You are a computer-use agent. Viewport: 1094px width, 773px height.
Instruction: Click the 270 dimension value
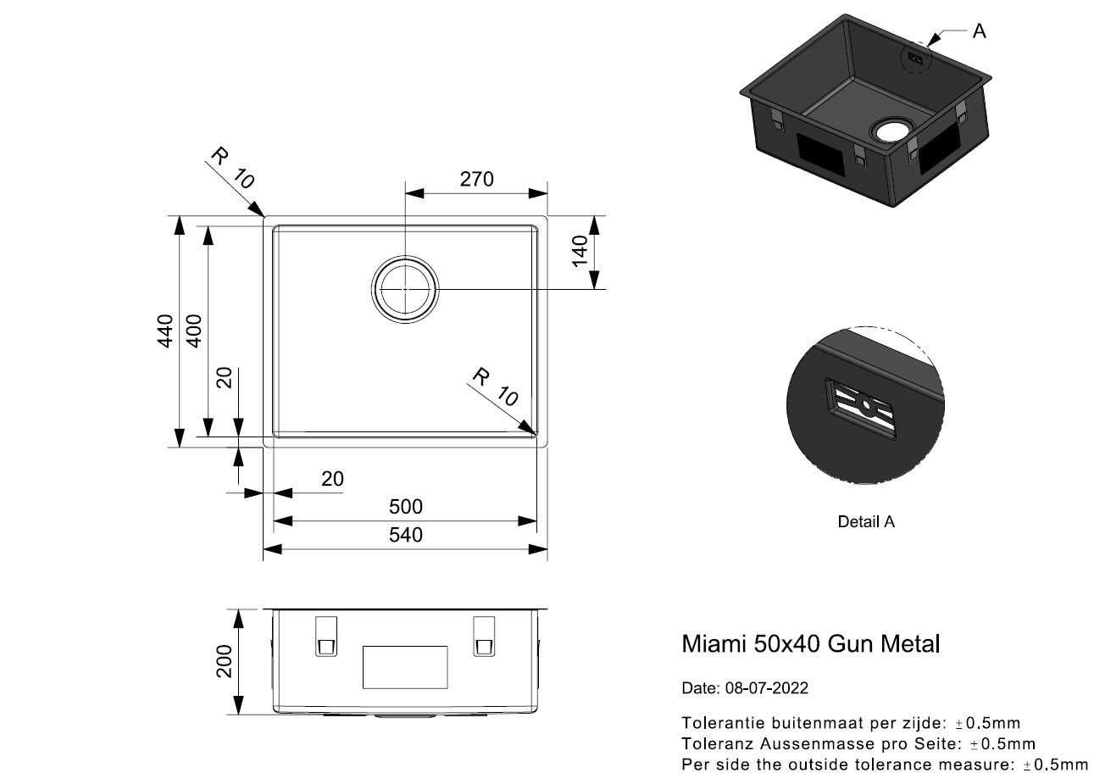tap(475, 180)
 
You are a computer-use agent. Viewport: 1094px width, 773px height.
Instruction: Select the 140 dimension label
tap(580, 251)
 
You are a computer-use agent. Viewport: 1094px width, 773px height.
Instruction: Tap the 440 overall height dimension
tap(166, 331)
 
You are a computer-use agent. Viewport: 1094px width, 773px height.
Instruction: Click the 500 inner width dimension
tap(405, 507)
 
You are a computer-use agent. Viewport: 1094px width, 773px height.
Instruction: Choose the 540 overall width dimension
tap(405, 535)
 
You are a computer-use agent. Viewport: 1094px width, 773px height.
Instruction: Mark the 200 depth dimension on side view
tap(224, 660)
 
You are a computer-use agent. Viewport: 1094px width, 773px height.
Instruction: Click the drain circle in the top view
tap(405, 288)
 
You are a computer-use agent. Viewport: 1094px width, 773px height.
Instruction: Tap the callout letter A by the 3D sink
tap(979, 31)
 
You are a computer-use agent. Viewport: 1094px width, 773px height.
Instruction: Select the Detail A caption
tap(865, 522)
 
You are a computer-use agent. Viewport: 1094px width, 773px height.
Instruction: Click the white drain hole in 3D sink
tap(891, 131)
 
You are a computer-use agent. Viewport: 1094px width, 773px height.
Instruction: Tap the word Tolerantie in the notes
tap(716, 723)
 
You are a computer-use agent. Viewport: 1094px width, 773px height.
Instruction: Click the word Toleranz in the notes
tap(714, 744)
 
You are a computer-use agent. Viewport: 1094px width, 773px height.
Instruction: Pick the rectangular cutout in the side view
tap(404, 666)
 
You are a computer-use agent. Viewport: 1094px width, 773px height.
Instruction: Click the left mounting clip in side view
tap(325, 636)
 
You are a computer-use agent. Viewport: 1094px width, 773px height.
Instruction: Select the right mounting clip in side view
tap(483, 636)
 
